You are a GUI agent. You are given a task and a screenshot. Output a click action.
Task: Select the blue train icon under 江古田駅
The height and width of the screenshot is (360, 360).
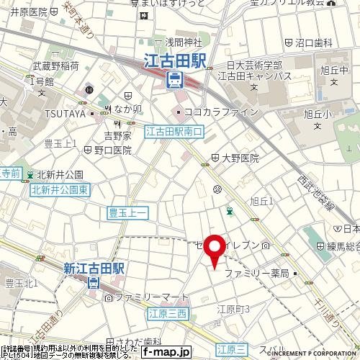(x=174, y=80)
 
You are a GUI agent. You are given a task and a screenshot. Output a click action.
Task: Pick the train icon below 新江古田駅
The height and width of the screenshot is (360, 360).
(x=94, y=283)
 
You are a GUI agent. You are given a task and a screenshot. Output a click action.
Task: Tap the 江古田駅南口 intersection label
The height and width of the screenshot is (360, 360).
(x=174, y=132)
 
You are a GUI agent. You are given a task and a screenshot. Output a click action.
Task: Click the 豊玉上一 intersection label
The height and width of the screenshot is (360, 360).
(x=127, y=212)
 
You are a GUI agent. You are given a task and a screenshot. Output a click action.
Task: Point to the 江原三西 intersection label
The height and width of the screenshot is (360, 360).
(x=168, y=312)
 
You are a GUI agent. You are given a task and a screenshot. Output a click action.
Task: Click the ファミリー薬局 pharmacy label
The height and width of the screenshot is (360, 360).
(x=257, y=274)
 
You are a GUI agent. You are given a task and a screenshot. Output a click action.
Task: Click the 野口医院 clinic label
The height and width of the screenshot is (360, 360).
(x=113, y=150)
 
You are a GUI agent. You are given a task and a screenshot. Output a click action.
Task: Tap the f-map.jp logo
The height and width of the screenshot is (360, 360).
(x=166, y=352)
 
